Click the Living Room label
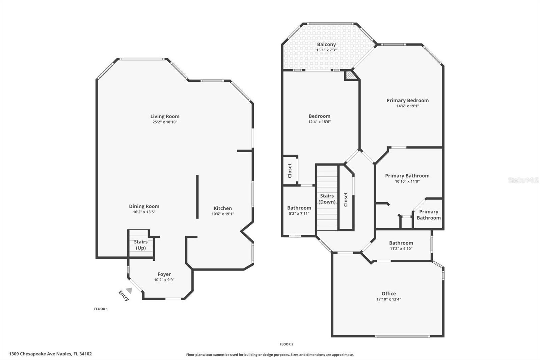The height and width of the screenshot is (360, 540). (x=165, y=117)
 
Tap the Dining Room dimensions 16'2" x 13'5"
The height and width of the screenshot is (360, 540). (x=144, y=212)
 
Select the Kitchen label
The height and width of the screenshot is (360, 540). (x=223, y=208)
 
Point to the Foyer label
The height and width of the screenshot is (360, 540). (x=164, y=274)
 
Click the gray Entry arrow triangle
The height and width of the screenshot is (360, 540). (x=129, y=290)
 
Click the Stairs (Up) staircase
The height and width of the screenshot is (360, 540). (x=140, y=245)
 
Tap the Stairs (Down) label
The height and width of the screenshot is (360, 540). (x=327, y=199)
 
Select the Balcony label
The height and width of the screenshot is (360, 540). (x=326, y=45)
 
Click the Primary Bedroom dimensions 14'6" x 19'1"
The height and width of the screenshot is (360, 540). (x=408, y=106)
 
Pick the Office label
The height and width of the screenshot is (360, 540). (x=389, y=293)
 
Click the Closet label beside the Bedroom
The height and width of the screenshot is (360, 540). (x=290, y=171)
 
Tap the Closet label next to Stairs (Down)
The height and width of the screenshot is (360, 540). (x=346, y=199)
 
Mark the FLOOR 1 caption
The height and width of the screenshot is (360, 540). (x=101, y=309)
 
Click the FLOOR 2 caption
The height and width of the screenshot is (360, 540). (x=287, y=344)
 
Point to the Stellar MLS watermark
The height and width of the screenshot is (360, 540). (x=523, y=180)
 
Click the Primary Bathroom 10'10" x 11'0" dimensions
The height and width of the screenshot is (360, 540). (x=407, y=181)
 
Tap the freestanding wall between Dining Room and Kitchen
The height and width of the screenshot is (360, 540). (x=197, y=197)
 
